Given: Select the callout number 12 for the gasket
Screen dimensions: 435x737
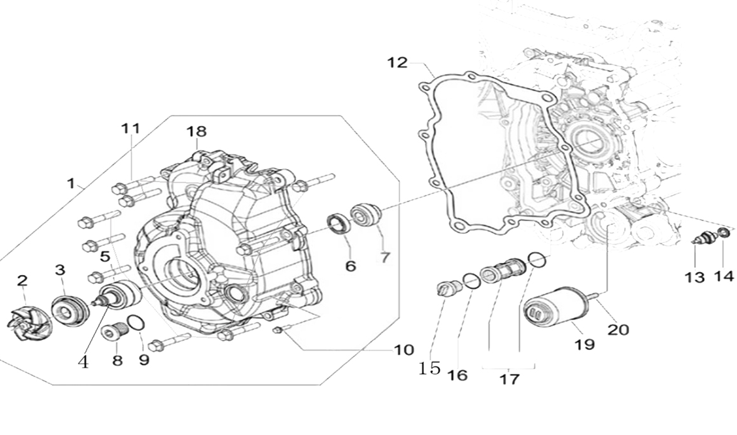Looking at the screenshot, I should pyautogui.click(x=397, y=63).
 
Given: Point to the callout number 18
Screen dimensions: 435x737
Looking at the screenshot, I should pyautogui.click(x=196, y=131).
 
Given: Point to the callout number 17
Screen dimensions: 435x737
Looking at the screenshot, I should pyautogui.click(x=509, y=379).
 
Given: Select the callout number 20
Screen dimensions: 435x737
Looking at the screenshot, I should pyautogui.click(x=618, y=330).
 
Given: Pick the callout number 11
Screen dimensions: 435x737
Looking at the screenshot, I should pyautogui.click(x=131, y=128).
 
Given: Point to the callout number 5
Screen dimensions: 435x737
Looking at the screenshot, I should pyautogui.click(x=105, y=256).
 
